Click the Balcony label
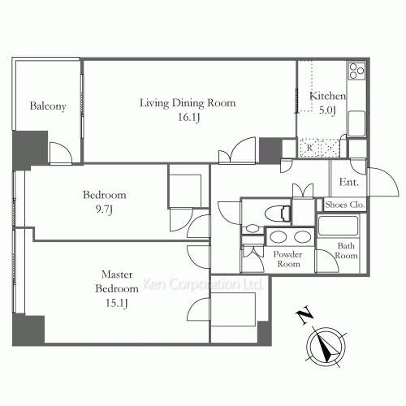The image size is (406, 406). (x=48, y=106)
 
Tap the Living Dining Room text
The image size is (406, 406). (x=188, y=103)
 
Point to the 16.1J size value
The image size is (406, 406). (x=189, y=117)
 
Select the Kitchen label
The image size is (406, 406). (x=327, y=96)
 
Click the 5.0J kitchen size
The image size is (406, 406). (x=327, y=110)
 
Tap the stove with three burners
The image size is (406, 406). (x=356, y=71)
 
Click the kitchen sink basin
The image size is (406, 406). (x=356, y=123)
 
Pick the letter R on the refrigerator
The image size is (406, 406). (x=309, y=148)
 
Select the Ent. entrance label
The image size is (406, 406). (x=349, y=182)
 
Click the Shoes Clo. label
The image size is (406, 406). (x=345, y=205)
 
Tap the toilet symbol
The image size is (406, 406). (x=278, y=214)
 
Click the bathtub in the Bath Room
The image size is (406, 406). (x=338, y=226)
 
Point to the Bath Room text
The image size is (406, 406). (x=347, y=251)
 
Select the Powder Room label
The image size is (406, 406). (x=287, y=259)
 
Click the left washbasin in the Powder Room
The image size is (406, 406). (x=279, y=238)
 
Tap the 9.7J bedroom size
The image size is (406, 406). (x=104, y=209)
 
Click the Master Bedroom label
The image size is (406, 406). (x=117, y=282)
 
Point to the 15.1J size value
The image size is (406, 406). (x=116, y=303)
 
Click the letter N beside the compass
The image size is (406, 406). (x=304, y=314)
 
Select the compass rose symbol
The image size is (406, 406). (x=326, y=347)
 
